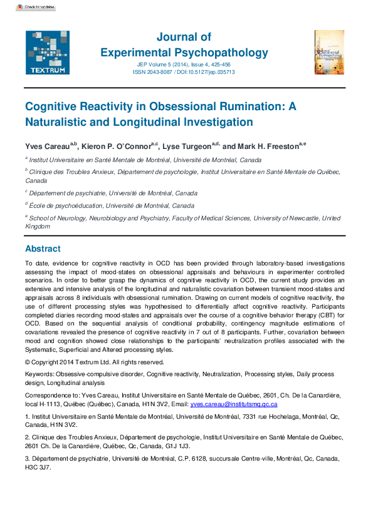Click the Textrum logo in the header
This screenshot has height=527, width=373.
[43, 52]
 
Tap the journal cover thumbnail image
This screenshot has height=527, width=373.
[329, 52]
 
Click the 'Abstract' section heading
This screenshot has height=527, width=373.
[43, 248]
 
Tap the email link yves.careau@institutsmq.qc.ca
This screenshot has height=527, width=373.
[233, 405]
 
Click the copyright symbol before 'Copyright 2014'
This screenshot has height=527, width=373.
[28, 362]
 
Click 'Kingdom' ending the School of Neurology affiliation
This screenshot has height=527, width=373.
[38, 226]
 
